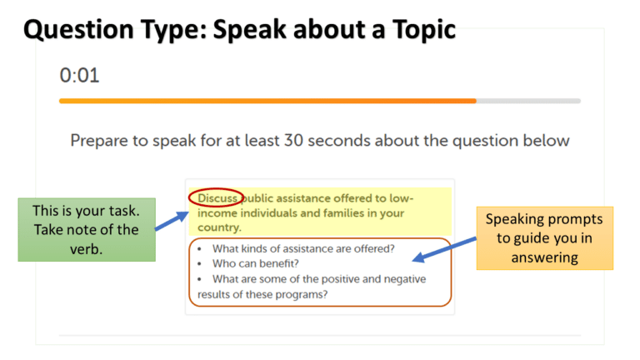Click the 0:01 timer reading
[79, 76]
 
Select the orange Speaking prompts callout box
[544, 238]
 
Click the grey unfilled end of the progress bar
[528, 101]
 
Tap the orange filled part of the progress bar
[267, 101]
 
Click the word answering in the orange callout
[544, 257]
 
